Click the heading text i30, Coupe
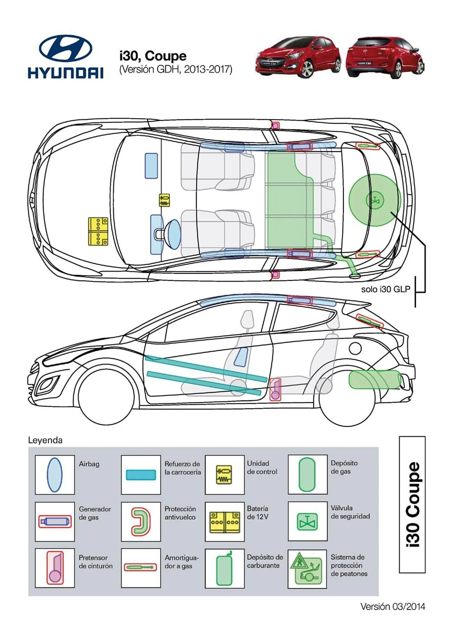(x=153, y=56)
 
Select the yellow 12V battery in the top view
(x=98, y=231)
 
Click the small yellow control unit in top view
(x=164, y=200)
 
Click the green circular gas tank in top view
(x=375, y=200)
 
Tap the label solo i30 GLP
(x=385, y=289)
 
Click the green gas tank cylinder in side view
(x=375, y=379)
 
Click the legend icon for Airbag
(x=54, y=475)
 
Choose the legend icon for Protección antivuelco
(x=141, y=521)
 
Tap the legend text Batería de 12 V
(x=258, y=512)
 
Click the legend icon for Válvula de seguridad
(x=307, y=521)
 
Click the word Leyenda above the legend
(x=45, y=440)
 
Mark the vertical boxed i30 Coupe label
(x=412, y=504)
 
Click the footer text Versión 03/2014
(x=392, y=606)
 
